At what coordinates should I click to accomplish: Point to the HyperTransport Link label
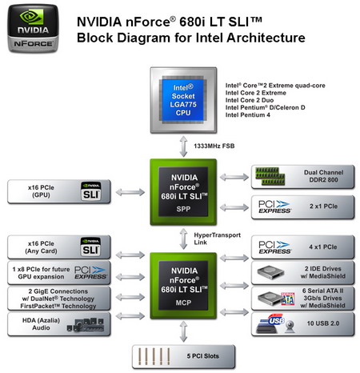tap(211, 238)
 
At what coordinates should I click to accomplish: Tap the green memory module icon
tap(274, 176)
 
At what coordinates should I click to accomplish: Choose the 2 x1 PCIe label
tap(321, 207)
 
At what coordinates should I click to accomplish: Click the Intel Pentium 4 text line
tap(250, 116)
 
